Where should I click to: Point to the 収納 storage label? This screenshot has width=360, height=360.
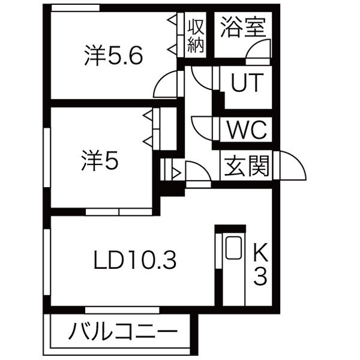(x=196, y=35)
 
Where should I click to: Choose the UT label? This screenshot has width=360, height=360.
(x=247, y=83)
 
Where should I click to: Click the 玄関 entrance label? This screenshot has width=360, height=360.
(x=247, y=166)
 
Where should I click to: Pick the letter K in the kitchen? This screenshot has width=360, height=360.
(x=260, y=251)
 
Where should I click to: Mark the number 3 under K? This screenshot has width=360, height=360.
(x=260, y=278)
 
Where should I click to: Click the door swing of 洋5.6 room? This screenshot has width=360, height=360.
(x=166, y=85)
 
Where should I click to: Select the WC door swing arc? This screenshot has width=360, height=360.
(x=202, y=127)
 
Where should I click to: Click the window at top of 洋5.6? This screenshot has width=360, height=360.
(x=75, y=7)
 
